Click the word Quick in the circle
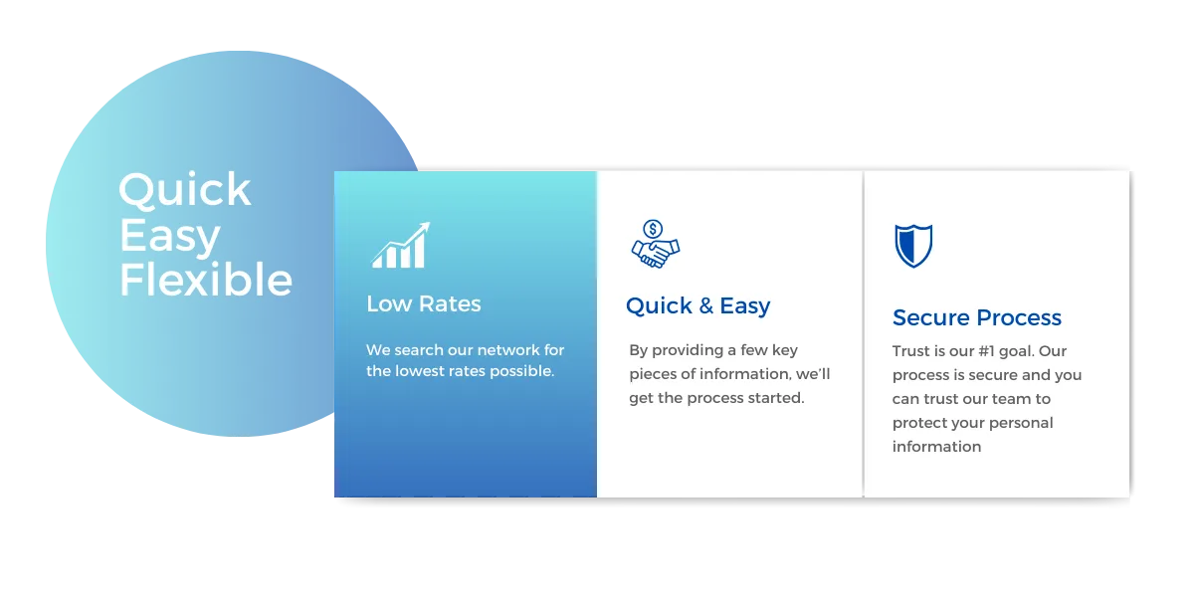pyautogui.click(x=184, y=190)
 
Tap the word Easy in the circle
pyautogui.click(x=169, y=236)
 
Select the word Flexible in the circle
pyautogui.click(x=206, y=279)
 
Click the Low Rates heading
pyautogui.click(x=424, y=303)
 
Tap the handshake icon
pyautogui.click(x=656, y=252)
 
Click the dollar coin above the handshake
pyautogui.click(x=653, y=229)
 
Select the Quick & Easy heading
pyautogui.click(x=698, y=306)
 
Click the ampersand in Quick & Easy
pyautogui.click(x=705, y=306)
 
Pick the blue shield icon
pyautogui.click(x=913, y=246)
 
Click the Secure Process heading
pyautogui.click(x=977, y=317)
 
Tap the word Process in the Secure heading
pyautogui.click(x=1019, y=317)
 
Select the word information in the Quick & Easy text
pyautogui.click(x=743, y=374)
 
